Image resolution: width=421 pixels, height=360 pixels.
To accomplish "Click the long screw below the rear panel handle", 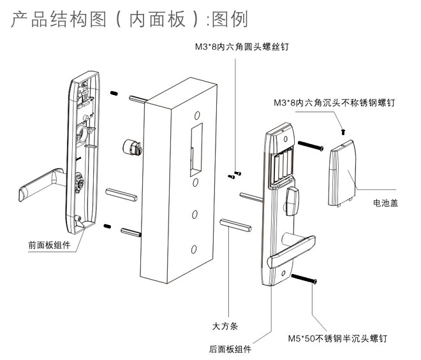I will click(x=304, y=278).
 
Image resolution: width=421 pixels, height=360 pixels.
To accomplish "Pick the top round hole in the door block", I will click(x=198, y=115).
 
